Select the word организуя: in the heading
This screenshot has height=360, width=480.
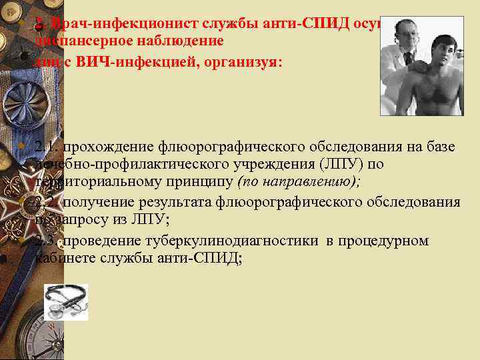pyautogui.click(x=249, y=62)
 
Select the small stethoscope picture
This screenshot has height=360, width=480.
pyautogui.click(x=66, y=302)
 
